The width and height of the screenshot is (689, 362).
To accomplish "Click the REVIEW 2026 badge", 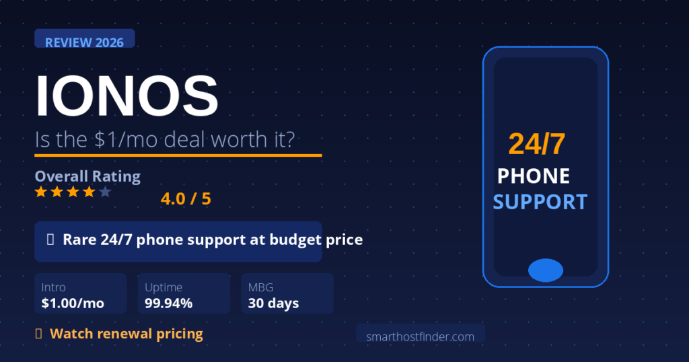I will (x=84, y=42).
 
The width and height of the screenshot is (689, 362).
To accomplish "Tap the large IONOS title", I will (x=126, y=96).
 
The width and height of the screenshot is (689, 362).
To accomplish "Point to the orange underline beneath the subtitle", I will (x=178, y=155).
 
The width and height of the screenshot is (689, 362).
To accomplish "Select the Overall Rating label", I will (x=87, y=176).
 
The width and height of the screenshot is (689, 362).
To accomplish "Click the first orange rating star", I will (x=40, y=192).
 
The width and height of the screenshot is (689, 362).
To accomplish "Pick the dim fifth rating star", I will (x=105, y=192).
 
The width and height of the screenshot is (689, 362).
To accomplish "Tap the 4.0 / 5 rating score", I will (x=186, y=199).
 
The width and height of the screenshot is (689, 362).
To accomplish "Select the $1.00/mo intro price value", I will (x=73, y=303).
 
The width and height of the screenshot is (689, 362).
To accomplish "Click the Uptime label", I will (x=164, y=287).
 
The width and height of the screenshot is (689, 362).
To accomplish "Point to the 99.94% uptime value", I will (x=168, y=303).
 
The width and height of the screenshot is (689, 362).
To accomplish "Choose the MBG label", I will (x=260, y=287).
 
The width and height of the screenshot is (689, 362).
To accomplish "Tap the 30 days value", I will (x=273, y=303).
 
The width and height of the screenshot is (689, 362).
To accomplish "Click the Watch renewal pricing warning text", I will (x=126, y=333).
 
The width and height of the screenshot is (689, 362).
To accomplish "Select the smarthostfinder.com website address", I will (x=420, y=336).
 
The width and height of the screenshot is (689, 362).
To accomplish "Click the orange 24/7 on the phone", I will (x=536, y=144).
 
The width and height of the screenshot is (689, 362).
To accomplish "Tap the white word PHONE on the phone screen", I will (x=534, y=176).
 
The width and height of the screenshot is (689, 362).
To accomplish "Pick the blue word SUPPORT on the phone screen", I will (x=540, y=202).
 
